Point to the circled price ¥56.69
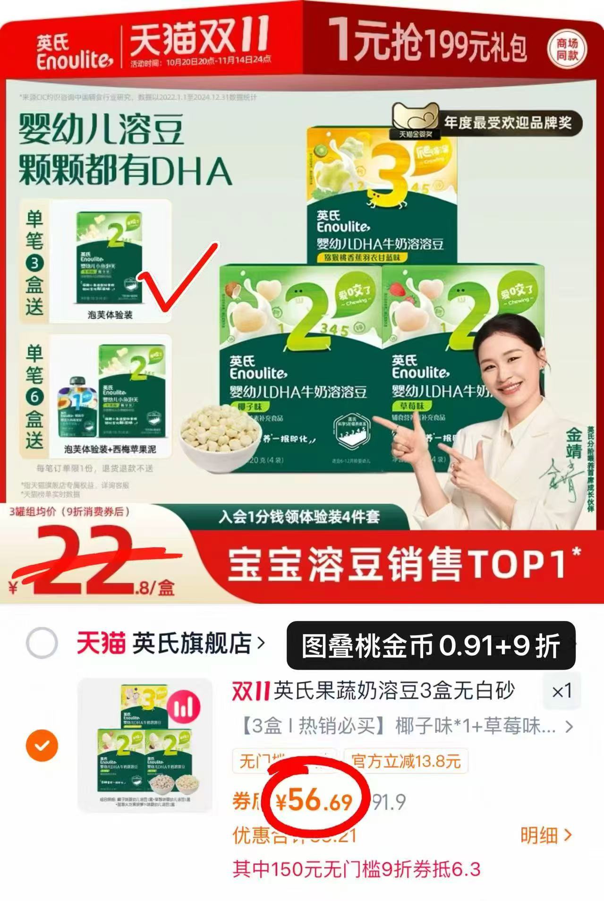(x=315, y=801)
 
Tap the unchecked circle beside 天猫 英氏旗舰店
(x=42, y=643)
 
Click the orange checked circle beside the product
(x=42, y=746)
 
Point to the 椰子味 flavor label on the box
(x=249, y=407)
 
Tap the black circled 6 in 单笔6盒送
(x=34, y=397)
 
